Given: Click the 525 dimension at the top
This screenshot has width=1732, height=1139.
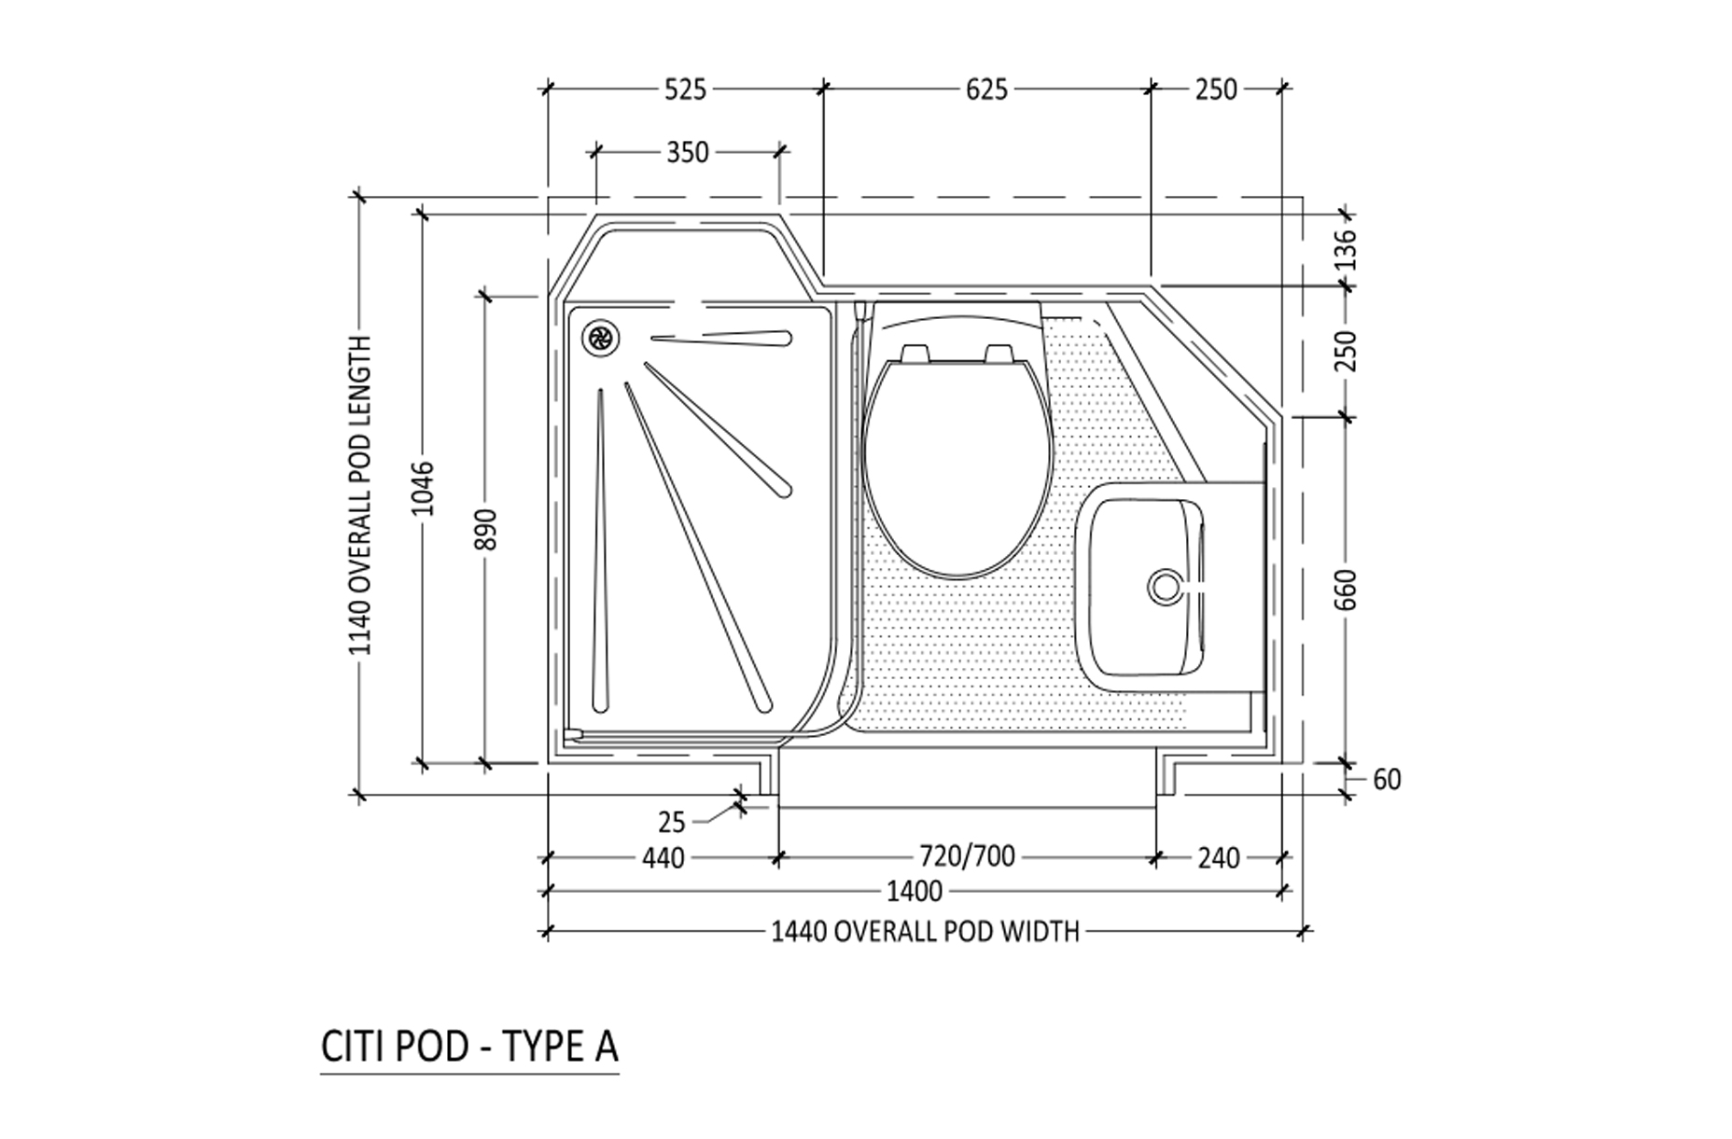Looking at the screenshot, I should pos(685,90).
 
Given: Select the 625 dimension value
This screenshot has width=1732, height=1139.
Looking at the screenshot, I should pos(986,90).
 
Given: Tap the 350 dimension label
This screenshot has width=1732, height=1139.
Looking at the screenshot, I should pos(687,152).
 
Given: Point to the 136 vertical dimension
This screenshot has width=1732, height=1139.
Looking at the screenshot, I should pos(1345,248).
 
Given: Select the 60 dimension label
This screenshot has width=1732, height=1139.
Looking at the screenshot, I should pos(1387,780).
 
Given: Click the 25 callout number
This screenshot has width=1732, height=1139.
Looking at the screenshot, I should pos(671,823).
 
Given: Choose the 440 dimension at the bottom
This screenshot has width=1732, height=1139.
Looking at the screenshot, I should pos(663,857).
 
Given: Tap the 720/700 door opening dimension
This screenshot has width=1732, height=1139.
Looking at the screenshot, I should pos(967,855).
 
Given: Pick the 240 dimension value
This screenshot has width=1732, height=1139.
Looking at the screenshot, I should pos(1218,857).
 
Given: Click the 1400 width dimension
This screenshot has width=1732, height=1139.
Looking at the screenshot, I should pos(914,892).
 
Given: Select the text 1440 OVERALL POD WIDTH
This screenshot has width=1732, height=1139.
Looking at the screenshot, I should pos(924,931).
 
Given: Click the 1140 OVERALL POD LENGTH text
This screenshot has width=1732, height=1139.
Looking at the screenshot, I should pos(361,495).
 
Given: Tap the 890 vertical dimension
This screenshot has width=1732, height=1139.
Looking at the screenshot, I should pos(485,530).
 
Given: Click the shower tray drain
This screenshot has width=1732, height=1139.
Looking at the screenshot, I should pos(599,338).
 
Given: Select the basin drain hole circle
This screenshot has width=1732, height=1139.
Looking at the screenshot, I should pos(1165,587).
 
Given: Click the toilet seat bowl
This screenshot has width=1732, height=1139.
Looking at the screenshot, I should pos(956,466).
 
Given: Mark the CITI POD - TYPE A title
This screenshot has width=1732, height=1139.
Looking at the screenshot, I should pos(468,1047).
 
